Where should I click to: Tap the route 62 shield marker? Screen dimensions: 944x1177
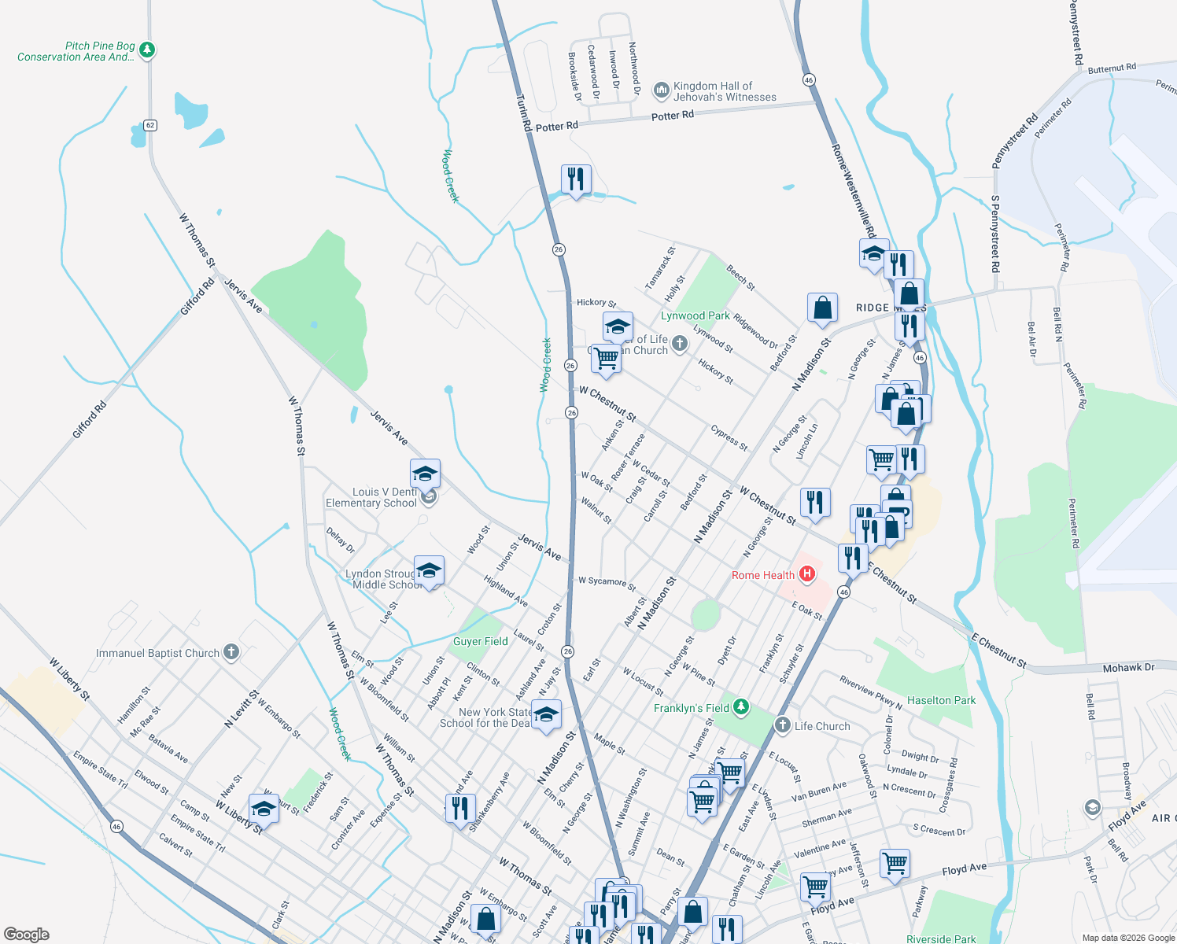click(150, 125)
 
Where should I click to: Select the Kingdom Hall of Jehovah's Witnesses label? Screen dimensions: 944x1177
click(724, 91)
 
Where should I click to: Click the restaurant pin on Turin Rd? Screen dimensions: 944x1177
click(576, 179)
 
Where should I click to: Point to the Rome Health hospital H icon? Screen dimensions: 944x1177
click(806, 574)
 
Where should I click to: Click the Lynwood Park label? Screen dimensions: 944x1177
click(695, 315)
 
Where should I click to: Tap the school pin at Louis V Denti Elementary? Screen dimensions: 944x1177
click(425, 474)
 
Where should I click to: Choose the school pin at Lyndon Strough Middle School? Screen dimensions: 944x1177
click(429, 571)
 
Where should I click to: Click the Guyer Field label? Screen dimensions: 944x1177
click(480, 641)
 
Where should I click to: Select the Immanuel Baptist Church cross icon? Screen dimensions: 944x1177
click(231, 652)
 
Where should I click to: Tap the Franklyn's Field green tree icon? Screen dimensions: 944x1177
click(741, 707)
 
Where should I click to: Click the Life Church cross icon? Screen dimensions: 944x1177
click(782, 725)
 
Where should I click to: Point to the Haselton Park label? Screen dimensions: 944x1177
click(941, 700)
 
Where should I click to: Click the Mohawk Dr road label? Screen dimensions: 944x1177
click(1127, 667)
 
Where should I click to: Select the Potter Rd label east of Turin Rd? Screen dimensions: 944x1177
click(672, 116)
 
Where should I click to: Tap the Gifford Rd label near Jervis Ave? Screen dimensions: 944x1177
click(197, 297)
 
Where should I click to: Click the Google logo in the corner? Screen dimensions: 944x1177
click(26, 935)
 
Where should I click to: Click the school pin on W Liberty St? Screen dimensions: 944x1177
click(264, 809)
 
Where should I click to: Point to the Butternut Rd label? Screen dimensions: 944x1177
click(1112, 68)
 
